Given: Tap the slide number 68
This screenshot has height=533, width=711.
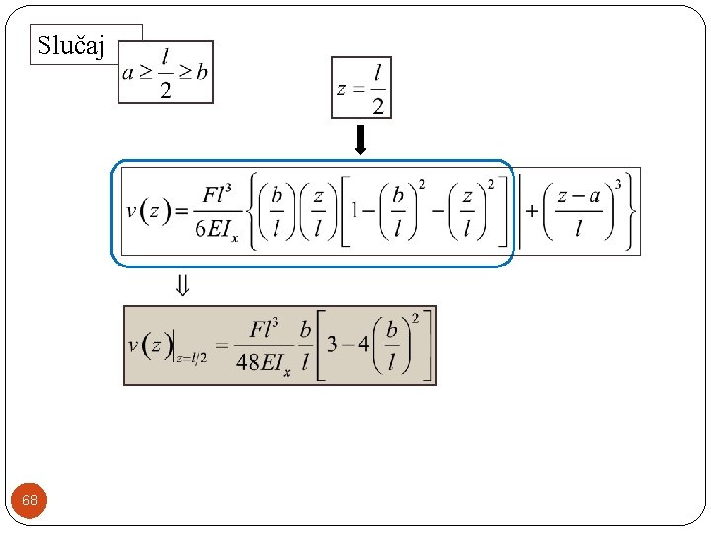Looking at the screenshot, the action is (x=30, y=500).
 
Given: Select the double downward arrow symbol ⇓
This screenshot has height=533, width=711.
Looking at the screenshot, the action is (x=183, y=286).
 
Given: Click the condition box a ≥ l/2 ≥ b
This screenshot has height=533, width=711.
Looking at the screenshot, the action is (x=166, y=72).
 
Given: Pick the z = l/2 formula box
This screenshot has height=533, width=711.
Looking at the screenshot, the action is (x=361, y=88).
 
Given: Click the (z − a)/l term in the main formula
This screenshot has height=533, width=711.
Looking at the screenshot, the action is (x=578, y=212).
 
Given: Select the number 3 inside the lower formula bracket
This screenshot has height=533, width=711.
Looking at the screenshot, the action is (x=334, y=346).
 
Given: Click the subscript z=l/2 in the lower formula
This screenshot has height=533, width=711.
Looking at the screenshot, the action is (x=191, y=357).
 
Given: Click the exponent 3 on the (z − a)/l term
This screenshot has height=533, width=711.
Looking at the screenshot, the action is (x=618, y=185).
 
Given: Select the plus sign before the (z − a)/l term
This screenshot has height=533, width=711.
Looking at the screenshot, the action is (x=532, y=211).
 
